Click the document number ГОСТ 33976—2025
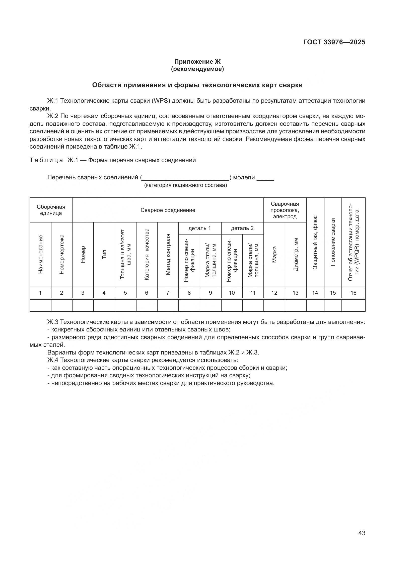334,42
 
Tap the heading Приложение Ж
197,62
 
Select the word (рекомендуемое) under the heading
197,69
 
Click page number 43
362,533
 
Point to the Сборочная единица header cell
51,210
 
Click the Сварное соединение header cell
168,210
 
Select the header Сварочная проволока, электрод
285,210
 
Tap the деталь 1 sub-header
199,228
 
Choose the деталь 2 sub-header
242,228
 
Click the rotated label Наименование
40,255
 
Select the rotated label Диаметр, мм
295,255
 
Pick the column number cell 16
353,293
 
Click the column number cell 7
168,293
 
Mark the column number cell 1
40,293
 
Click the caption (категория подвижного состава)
185,185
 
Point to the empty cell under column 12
274,305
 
